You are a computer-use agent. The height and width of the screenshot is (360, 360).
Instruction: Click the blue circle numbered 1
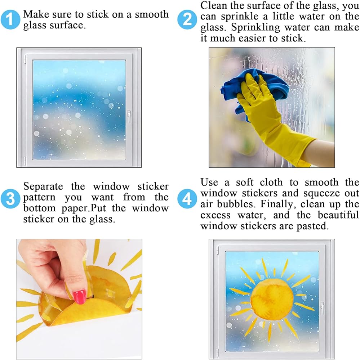coord(10,19)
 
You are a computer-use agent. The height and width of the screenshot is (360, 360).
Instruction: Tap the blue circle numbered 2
coord(187,19)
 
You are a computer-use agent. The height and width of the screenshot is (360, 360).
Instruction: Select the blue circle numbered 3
coord(10,199)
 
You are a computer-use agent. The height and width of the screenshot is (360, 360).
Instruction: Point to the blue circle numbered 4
coord(187,199)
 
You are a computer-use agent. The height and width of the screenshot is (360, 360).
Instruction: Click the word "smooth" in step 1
coord(152,14)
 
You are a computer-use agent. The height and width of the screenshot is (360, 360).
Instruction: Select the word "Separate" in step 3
coord(43,186)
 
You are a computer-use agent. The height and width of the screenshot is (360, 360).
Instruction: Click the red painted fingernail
coord(79,297)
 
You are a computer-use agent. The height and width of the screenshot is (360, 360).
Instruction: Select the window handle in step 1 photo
coord(129,116)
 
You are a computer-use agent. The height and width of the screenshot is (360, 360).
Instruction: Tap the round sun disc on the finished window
coord(272,299)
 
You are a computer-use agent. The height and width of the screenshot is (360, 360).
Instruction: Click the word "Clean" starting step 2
coord(213,5)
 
